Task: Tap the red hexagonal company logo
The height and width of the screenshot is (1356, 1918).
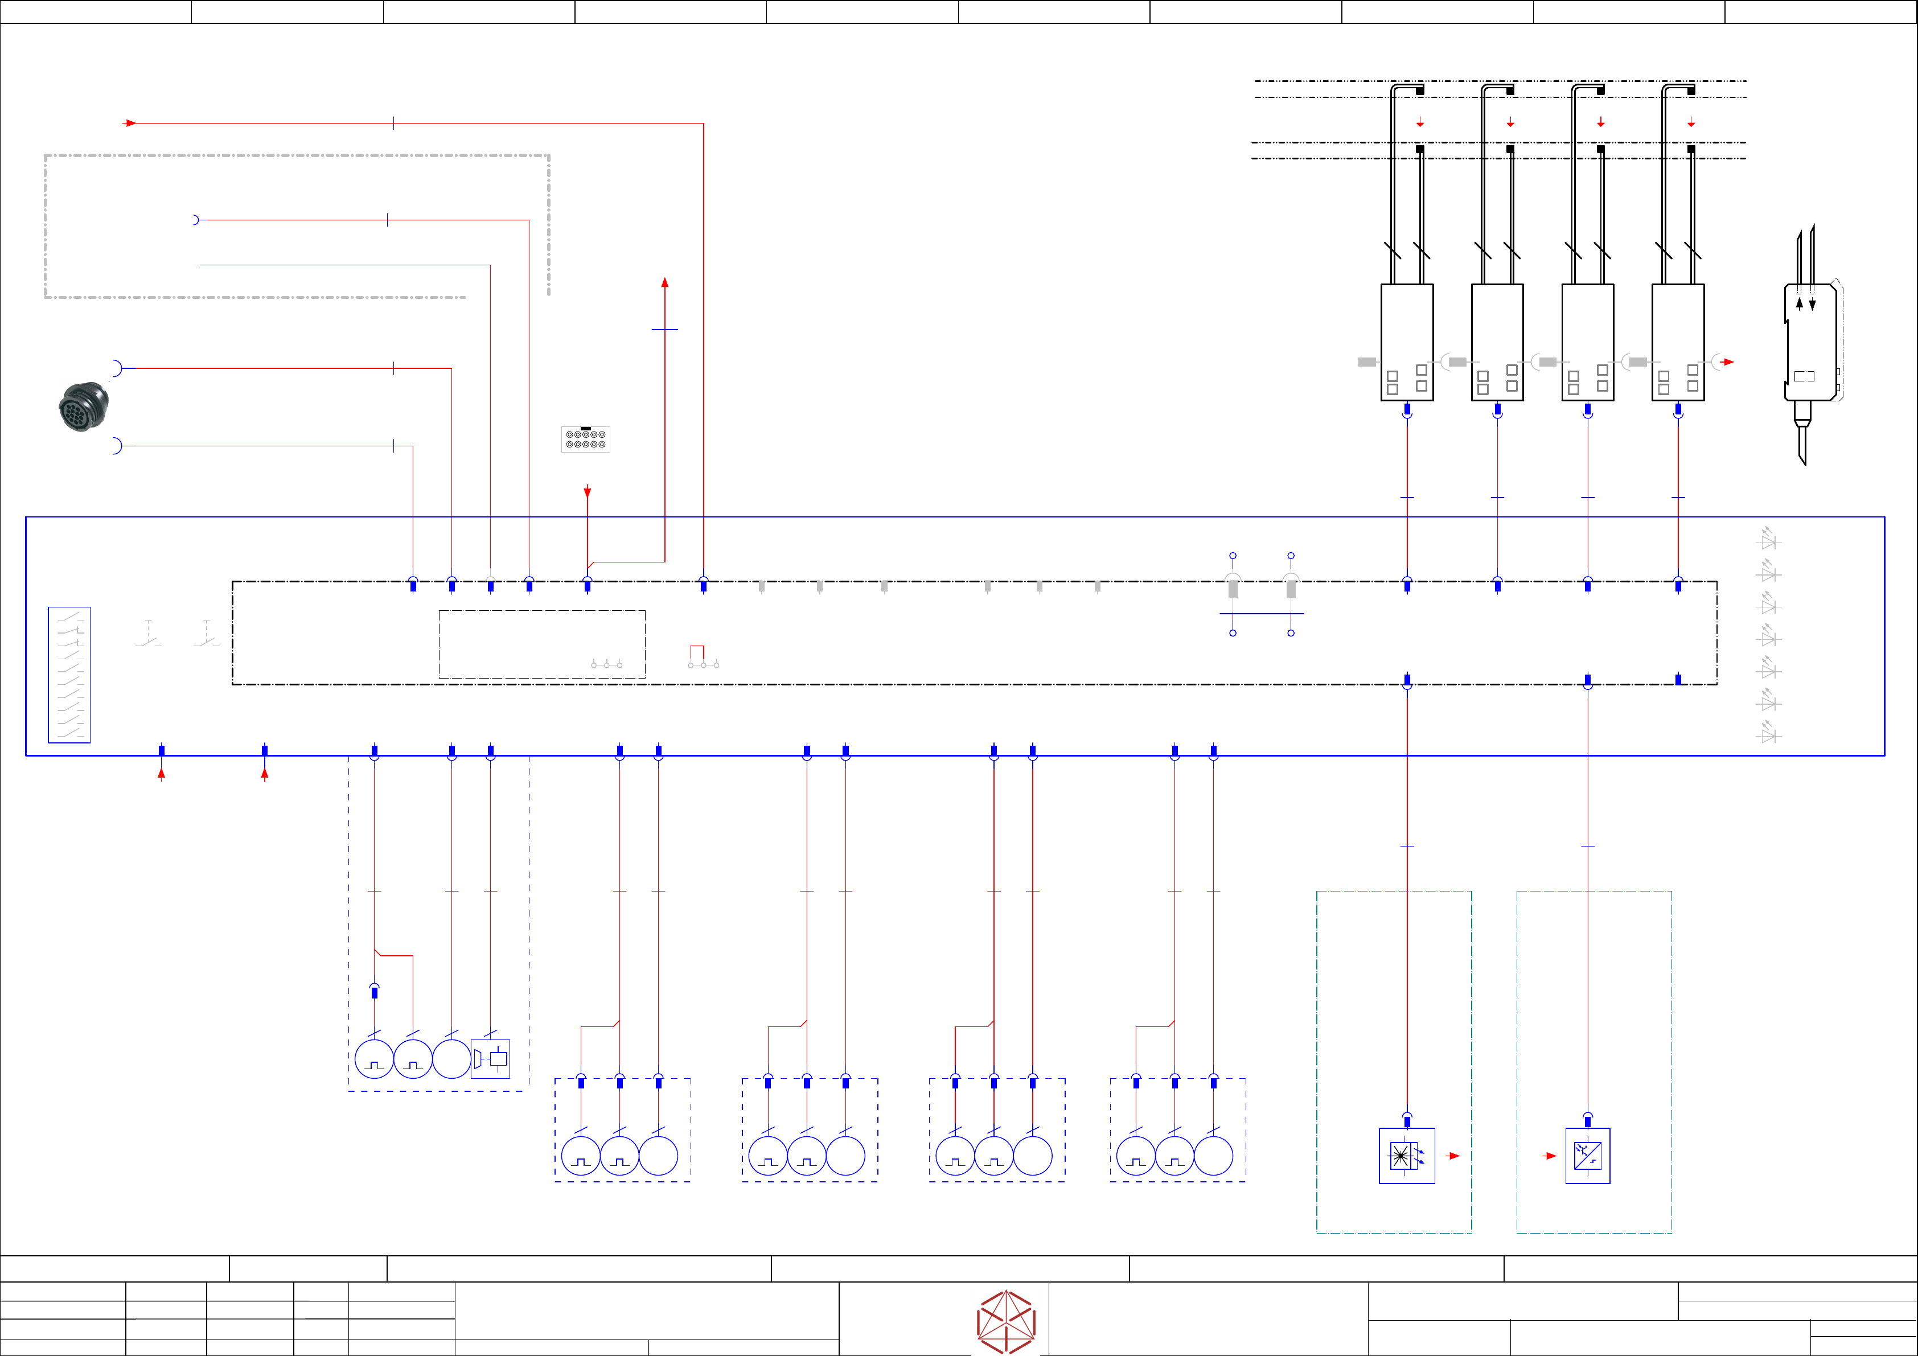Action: coord(1006,1322)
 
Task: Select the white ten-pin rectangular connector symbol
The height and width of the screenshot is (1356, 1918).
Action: coord(586,439)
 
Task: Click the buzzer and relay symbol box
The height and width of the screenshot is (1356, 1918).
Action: coord(490,1059)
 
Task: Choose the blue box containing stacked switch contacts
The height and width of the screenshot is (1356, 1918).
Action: coord(69,674)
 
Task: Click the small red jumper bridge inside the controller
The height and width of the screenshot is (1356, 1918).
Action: coord(697,652)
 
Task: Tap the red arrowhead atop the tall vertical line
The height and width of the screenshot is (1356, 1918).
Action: coord(665,282)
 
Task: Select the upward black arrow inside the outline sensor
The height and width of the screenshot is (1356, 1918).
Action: coord(1800,304)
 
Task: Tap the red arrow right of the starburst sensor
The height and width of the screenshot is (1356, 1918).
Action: coord(1455,1156)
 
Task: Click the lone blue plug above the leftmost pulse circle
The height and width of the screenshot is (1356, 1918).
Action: coord(374,991)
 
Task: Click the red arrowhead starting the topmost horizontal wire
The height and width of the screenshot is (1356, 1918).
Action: coord(130,123)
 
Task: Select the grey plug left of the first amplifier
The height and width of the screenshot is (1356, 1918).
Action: coord(1367,361)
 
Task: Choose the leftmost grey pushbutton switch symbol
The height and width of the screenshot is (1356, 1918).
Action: coord(149,634)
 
